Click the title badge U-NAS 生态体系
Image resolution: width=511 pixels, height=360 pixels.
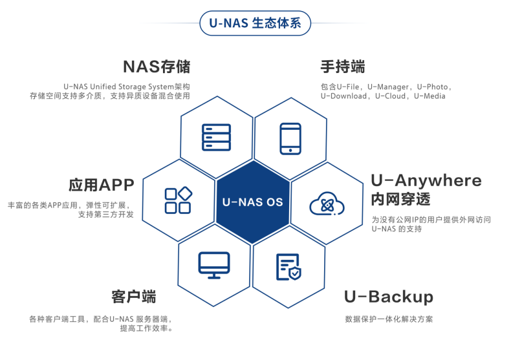pyautogui.click(x=255, y=23)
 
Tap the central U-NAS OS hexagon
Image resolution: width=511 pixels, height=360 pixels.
pyautogui.click(x=253, y=202)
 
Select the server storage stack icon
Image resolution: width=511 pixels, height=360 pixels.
pyautogui.click(x=217, y=138)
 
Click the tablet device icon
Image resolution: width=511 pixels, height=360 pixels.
pyautogui.click(x=290, y=139)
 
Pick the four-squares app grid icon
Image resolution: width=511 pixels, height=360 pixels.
pyautogui.click(x=179, y=200)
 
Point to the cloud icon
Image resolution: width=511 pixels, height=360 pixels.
pyautogui.click(x=327, y=204)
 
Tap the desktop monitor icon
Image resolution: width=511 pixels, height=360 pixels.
pyautogui.click(x=214, y=265)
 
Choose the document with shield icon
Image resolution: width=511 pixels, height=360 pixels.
pyautogui.click(x=288, y=267)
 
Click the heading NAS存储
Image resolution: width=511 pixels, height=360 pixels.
pyautogui.click(x=157, y=67)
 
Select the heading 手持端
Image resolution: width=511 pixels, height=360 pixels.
pyautogui.click(x=343, y=67)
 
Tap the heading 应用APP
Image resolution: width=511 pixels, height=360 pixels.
pyautogui.click(x=102, y=185)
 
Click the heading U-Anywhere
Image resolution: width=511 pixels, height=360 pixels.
pyautogui.click(x=426, y=181)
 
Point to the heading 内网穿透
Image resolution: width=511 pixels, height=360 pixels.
pyautogui.click(x=401, y=199)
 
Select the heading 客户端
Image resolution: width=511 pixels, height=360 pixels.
pyautogui.click(x=134, y=297)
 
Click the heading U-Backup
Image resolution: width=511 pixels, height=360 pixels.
pyautogui.click(x=389, y=297)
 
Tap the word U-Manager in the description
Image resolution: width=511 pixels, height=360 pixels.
pyautogui.click(x=388, y=87)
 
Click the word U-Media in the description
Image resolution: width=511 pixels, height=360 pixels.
pyautogui.click(x=429, y=96)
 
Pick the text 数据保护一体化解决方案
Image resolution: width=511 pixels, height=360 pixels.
pyautogui.click(x=389, y=319)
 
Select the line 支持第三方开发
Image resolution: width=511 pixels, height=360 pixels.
pyautogui.click(x=106, y=215)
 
